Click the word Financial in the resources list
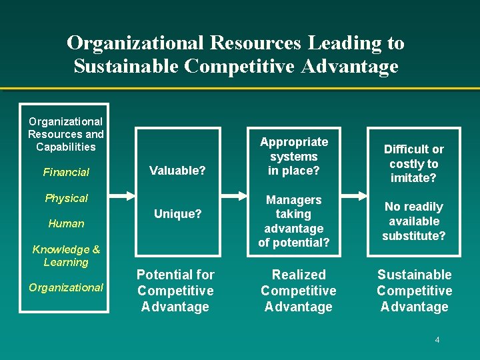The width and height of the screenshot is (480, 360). pyautogui.click(x=66, y=172)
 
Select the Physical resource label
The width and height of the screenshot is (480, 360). pyautogui.click(x=66, y=198)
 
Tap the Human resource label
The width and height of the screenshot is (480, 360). pyautogui.click(x=66, y=223)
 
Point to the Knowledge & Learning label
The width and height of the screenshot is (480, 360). pyautogui.click(x=66, y=256)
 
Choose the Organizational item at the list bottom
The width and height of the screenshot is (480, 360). pyautogui.click(x=66, y=287)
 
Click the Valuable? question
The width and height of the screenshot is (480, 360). pyautogui.click(x=177, y=171)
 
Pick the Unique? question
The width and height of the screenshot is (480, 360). pyautogui.click(x=177, y=213)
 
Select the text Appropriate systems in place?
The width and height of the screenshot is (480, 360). pyautogui.click(x=294, y=156)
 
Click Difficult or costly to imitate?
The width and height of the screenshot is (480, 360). pyautogui.click(x=414, y=163)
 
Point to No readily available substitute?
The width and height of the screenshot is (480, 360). pyautogui.click(x=414, y=221)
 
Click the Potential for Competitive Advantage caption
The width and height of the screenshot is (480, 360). pyautogui.click(x=175, y=291)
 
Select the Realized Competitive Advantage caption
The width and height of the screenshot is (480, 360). pyautogui.click(x=299, y=291)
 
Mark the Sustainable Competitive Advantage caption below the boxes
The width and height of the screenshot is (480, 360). pyautogui.click(x=414, y=291)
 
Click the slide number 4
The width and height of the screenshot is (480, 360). pyautogui.click(x=437, y=340)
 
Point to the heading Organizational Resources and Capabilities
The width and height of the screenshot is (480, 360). pyautogui.click(x=66, y=134)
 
